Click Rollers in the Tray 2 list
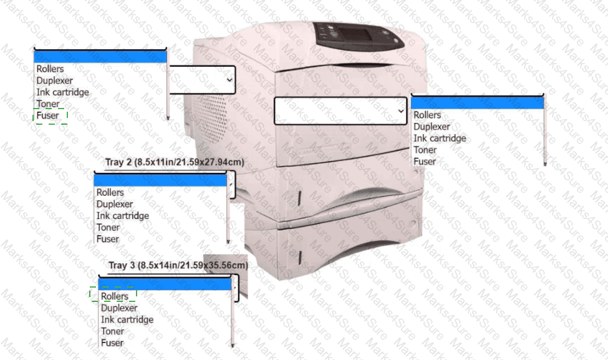[110, 193]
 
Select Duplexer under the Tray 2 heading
[115, 204]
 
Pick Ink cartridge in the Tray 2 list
[123, 216]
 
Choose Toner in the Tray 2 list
[108, 227]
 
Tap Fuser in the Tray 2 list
[107, 239]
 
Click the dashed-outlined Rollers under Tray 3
[115, 296]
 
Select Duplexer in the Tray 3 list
[119, 308]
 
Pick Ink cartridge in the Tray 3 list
[127, 319]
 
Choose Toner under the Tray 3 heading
[112, 331]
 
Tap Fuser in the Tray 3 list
[112, 343]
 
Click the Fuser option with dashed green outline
[48, 115]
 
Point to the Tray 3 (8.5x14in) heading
[178, 265]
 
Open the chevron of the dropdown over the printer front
[400, 110]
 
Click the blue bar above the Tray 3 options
[165, 284]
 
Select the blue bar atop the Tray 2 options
[160, 180]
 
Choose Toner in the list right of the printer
[425, 150]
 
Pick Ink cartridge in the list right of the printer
[440, 139]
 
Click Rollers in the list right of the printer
[427, 115]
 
